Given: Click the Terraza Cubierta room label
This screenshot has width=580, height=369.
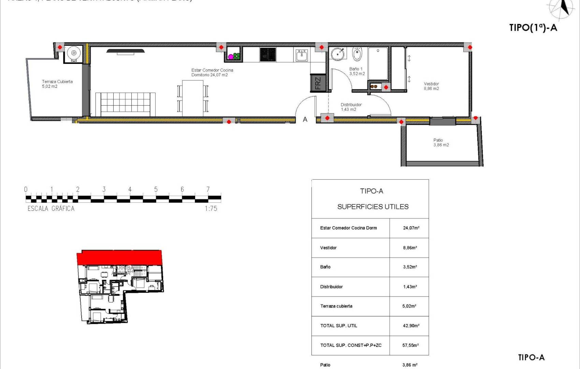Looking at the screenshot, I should point(57,84).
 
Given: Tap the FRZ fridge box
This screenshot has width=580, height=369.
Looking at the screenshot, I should point(318,83).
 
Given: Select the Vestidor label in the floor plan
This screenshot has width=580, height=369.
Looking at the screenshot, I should point(431,86).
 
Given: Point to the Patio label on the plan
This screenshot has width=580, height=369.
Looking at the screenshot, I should point(441,142).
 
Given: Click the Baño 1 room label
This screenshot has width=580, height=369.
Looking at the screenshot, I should point(357,71).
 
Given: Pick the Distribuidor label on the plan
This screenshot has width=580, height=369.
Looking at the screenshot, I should point(351,107).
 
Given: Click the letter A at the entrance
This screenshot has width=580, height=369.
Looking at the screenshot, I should point(305,120).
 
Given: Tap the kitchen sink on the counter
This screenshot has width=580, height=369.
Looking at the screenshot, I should point(302,55).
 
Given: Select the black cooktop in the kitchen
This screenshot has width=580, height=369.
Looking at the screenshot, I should point(268,55).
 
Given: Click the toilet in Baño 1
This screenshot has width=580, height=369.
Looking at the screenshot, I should point(357,54).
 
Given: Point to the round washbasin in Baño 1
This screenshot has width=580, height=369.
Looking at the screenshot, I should point(338,54).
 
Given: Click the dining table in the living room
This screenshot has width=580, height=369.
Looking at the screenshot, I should point(193,98).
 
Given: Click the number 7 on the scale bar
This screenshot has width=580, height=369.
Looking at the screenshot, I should point(208,189).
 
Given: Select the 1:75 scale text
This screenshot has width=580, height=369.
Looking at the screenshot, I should point(211,208).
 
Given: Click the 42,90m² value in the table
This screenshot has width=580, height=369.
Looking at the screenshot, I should point(411,326).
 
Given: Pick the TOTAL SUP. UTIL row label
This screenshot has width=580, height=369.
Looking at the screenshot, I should point(338,326).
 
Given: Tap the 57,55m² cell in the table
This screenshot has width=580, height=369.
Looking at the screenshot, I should point(410,345).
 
